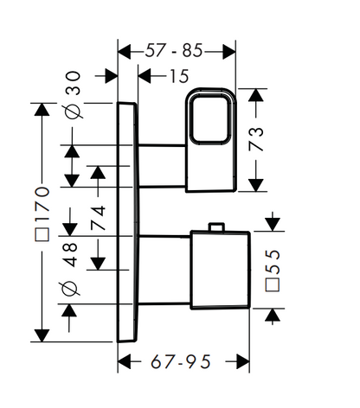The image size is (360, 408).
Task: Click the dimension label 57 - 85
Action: (x=174, y=51)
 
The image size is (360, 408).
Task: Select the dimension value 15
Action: (x=179, y=76)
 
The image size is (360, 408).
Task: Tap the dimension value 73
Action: (x=256, y=139)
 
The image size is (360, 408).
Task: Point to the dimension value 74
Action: (x=98, y=218)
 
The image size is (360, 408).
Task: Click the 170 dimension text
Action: (x=42, y=204)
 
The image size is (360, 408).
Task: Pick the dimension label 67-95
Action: (x=181, y=361)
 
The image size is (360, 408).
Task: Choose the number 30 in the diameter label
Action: (x=73, y=83)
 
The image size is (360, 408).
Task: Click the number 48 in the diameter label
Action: (x=70, y=254)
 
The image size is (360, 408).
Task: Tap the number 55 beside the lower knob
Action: (x=273, y=262)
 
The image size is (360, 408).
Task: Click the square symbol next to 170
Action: (x=42, y=234)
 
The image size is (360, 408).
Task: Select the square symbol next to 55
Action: (x=273, y=285)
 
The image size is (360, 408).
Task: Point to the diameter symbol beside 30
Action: (x=73, y=111)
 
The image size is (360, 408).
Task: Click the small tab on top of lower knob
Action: (x=216, y=227)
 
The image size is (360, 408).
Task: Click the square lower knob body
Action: (x=220, y=270)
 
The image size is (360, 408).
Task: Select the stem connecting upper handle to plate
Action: (x=162, y=166)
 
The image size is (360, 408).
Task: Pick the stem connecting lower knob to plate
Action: (x=164, y=270)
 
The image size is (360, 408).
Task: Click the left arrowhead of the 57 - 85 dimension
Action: (x=125, y=52)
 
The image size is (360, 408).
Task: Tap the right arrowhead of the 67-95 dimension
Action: (x=243, y=361)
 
